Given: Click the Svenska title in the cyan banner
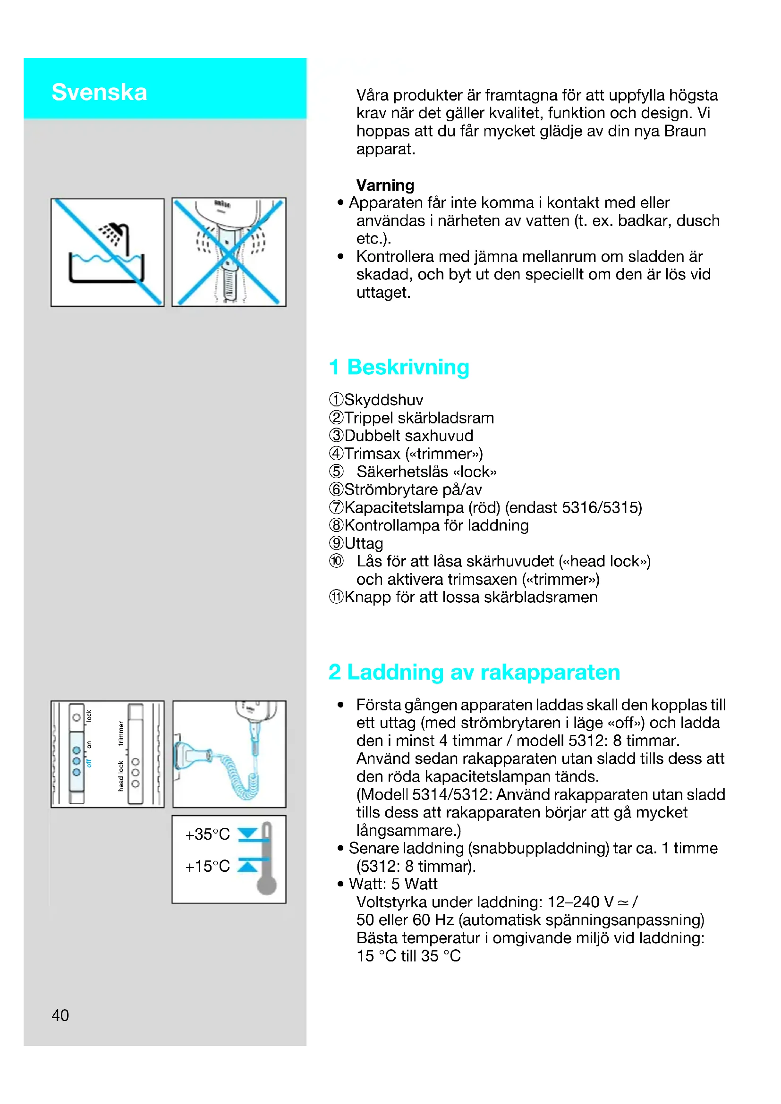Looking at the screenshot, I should [x=99, y=92].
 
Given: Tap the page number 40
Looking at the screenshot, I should [x=60, y=1015].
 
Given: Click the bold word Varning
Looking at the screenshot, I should [x=385, y=185].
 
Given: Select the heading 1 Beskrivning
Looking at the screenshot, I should [x=399, y=367].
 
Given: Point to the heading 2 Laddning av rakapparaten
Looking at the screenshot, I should [x=474, y=672].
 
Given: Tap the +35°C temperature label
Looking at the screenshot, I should [x=207, y=834].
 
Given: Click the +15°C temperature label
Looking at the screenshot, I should [x=207, y=866].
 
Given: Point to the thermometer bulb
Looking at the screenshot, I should [x=266, y=885].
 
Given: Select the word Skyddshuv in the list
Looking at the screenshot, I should [x=384, y=400].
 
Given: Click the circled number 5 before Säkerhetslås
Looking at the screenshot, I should [x=336, y=472].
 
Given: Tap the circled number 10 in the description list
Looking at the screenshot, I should [x=336, y=561].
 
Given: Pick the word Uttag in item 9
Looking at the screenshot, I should [x=364, y=543].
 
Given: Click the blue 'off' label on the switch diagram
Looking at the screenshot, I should [x=89, y=763].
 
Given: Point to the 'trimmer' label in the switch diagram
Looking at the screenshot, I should [x=121, y=733].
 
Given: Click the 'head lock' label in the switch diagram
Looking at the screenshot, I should [x=121, y=775].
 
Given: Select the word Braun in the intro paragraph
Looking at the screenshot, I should [x=685, y=131].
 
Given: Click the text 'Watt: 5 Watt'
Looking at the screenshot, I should [x=393, y=884].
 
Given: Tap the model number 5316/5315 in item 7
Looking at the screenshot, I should [x=602, y=507].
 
